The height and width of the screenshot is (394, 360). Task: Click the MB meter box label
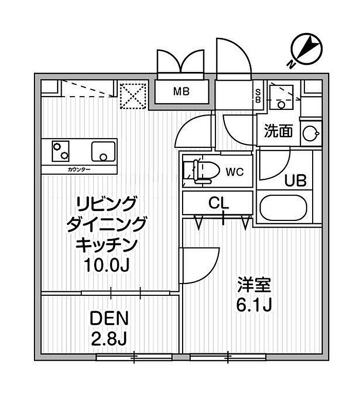click(x=181, y=92)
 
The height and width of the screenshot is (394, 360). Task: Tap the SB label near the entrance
click(x=258, y=97)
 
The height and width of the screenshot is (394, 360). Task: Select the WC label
click(x=235, y=172)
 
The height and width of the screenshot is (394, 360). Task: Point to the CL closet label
click(x=219, y=203)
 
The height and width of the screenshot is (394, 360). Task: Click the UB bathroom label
click(x=295, y=180)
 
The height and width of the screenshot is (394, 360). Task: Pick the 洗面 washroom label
click(x=278, y=131)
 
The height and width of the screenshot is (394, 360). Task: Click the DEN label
click(x=109, y=318)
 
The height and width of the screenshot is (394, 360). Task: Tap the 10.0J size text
click(x=107, y=265)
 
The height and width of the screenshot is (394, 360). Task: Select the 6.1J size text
click(x=254, y=305)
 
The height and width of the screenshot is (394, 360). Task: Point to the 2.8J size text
click(x=109, y=338)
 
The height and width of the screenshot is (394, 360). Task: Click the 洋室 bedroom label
click(x=254, y=285)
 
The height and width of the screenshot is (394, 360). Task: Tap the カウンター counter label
click(x=79, y=170)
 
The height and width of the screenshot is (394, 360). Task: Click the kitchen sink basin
click(x=103, y=151)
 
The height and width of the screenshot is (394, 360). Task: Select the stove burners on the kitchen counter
click(x=61, y=151)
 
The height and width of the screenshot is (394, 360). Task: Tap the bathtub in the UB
click(x=283, y=208)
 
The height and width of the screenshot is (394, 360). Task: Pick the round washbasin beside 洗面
click(x=311, y=133)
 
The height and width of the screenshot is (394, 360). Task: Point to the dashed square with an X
click(x=133, y=96)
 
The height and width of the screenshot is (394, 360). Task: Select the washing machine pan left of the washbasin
click(x=281, y=97)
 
